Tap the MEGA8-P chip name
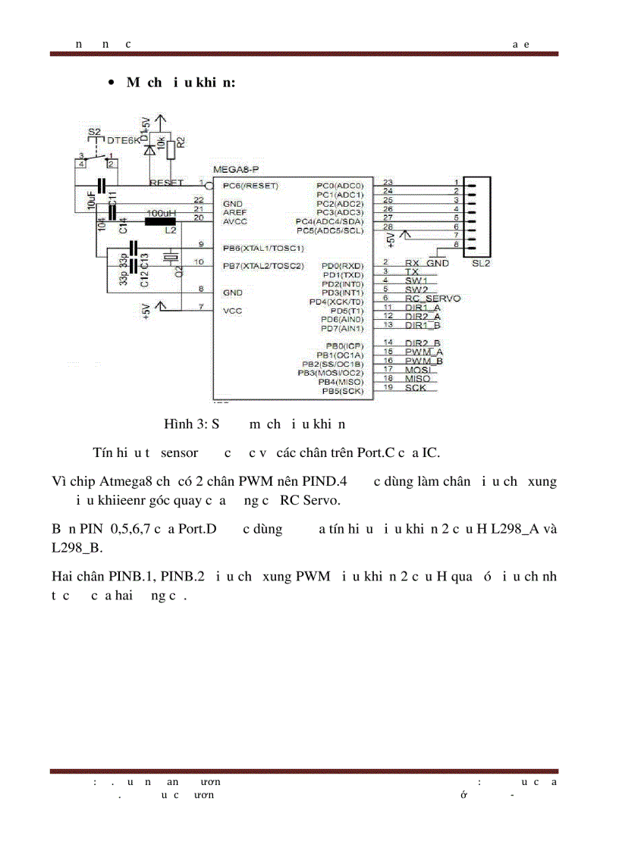[236, 172]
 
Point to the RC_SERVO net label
[432, 299]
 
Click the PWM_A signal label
[424, 352]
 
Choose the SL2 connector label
[481, 263]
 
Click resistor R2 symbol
[171, 149]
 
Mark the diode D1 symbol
[149, 149]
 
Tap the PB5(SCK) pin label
[343, 391]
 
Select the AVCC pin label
[234, 221]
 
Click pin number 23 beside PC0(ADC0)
[388, 182]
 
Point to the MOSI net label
[416, 370]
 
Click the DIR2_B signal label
[423, 343]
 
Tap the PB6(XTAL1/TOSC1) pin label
[262, 248]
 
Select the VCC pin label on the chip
[232, 310]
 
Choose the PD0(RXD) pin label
[342, 266]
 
